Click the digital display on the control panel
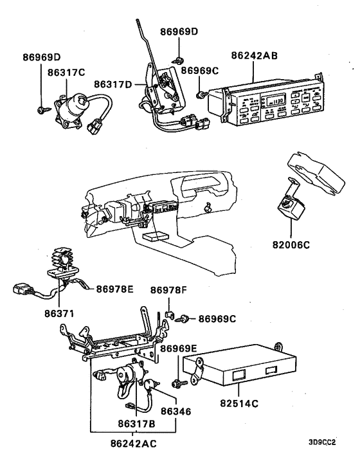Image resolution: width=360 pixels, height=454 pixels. pos(276,100)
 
